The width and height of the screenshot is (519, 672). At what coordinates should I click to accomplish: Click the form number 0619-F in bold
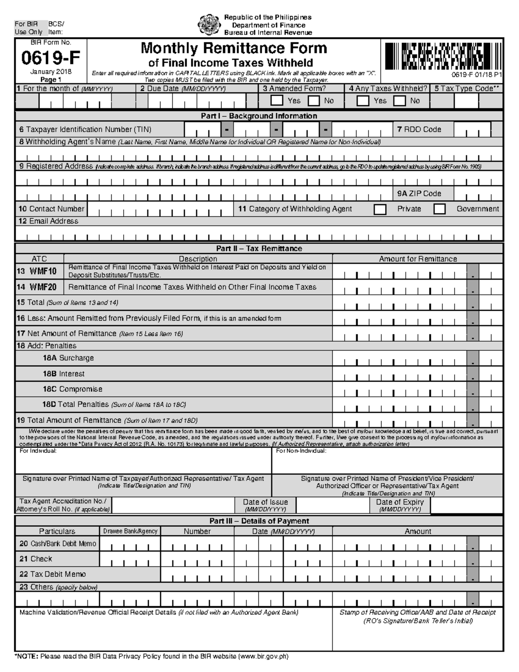click(51, 57)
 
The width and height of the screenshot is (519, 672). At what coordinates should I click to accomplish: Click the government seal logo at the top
click(209, 25)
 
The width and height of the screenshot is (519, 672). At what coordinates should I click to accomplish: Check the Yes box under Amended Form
click(276, 101)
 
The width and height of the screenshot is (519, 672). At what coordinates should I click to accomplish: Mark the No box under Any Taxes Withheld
click(400, 101)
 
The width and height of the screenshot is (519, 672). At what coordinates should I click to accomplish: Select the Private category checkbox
click(380, 209)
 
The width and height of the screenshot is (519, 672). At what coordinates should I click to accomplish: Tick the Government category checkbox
click(439, 209)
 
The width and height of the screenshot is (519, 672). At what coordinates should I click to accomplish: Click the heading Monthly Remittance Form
click(234, 48)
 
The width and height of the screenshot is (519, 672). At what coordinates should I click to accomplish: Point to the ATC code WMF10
click(43, 271)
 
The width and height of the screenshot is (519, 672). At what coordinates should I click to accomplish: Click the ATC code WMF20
click(43, 287)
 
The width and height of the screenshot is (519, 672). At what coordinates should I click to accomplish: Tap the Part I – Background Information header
click(259, 116)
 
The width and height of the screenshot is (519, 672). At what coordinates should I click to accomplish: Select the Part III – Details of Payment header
click(259, 521)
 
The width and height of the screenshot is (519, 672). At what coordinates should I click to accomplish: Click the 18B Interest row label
click(64, 374)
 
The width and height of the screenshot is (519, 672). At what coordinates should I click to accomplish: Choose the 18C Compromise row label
click(72, 389)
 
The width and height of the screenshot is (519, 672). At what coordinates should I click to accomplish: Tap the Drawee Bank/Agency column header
click(130, 531)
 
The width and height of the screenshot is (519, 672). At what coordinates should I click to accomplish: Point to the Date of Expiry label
click(400, 502)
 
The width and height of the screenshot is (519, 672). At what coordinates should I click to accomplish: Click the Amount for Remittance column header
click(418, 259)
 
